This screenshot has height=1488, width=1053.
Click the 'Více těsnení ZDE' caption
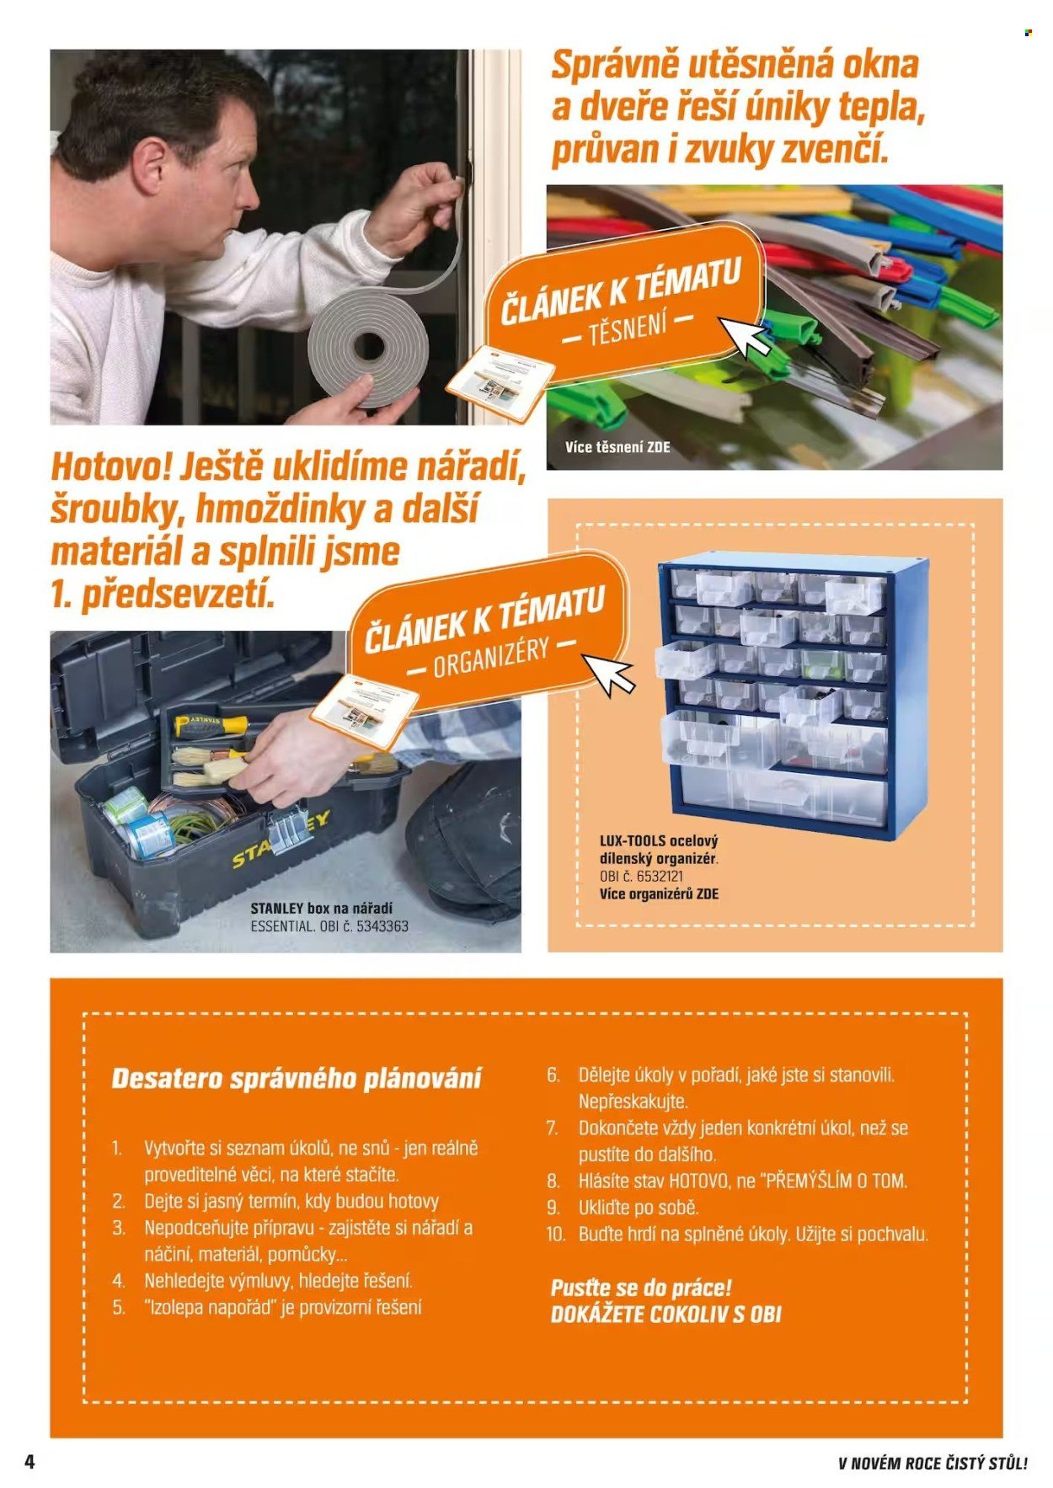[x=617, y=447]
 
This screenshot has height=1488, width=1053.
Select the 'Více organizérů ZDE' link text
[x=660, y=893]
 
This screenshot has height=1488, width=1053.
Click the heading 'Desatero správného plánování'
[x=297, y=1079]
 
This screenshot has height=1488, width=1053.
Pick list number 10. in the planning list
[x=555, y=1235]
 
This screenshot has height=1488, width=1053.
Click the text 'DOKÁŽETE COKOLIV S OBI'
[x=666, y=1315]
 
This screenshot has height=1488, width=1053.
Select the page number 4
[x=29, y=1461]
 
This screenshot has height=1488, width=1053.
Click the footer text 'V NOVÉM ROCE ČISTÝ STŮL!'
[x=933, y=1464]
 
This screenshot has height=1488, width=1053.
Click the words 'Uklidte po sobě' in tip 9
[x=639, y=1208]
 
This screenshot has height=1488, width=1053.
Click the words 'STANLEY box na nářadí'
[x=322, y=909]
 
